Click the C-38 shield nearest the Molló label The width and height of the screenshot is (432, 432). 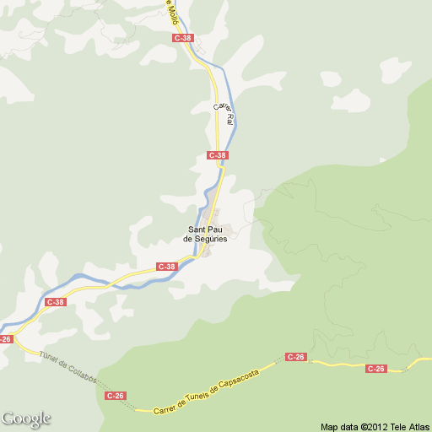(x=183, y=38)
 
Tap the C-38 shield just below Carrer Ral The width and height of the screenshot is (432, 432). (x=218, y=155)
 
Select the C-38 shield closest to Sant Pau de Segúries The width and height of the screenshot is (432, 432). (x=167, y=267)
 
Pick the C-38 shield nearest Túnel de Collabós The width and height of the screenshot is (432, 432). (x=56, y=301)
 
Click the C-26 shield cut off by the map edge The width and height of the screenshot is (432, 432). (x=6, y=338)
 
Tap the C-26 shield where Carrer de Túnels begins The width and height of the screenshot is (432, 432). (x=116, y=395)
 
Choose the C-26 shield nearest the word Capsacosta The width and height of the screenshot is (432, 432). (x=295, y=357)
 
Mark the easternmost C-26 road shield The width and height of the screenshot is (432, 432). (x=376, y=368)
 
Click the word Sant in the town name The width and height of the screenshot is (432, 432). (x=197, y=230)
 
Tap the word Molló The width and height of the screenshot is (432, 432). (x=171, y=11)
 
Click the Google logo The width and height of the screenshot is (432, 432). (x=26, y=418)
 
